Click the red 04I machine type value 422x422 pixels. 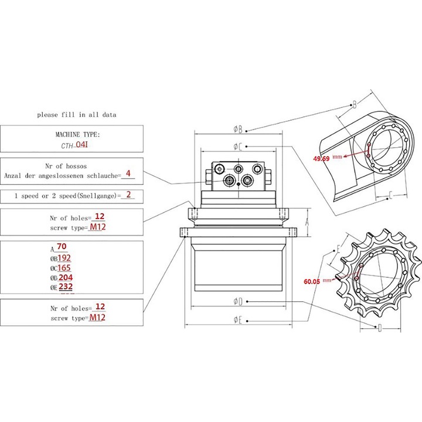(x=82, y=145)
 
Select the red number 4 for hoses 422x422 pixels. (x=128, y=173)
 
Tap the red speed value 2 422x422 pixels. (x=128, y=195)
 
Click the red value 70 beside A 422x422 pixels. (x=62, y=246)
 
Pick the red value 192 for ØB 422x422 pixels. (x=64, y=258)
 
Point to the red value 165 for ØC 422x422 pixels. (x=64, y=268)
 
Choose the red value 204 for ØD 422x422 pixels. (x=66, y=277)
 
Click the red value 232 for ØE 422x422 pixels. (x=66, y=287)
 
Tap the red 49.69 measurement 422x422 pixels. (x=321, y=158)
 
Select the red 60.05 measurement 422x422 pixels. (x=312, y=281)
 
